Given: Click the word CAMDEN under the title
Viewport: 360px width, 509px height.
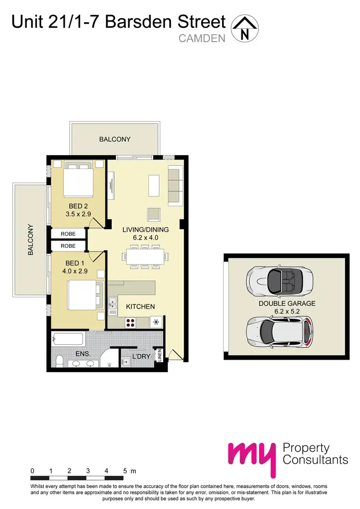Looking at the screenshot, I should pyautogui.click(x=202, y=38).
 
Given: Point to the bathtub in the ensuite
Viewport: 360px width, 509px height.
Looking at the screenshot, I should pyautogui.click(x=68, y=339).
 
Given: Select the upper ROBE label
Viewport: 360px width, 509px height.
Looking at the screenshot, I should pyautogui.click(x=68, y=234).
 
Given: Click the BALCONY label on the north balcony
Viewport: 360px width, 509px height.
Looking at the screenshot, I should pyautogui.click(x=115, y=139).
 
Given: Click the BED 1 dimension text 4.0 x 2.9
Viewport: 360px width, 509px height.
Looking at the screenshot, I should pyautogui.click(x=74, y=271).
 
